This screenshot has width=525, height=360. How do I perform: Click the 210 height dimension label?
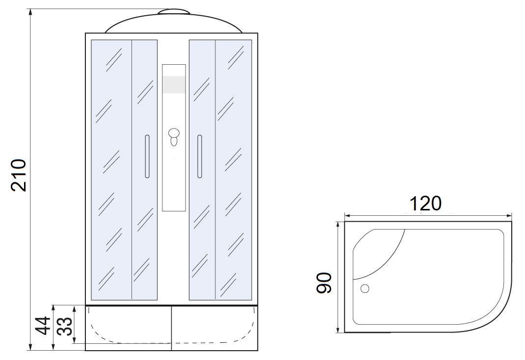[x=19, y=175]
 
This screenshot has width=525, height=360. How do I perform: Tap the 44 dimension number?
[x=43, y=326]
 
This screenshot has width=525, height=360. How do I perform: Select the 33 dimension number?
[x=65, y=326]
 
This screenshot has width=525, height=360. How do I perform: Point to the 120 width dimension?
[x=425, y=203]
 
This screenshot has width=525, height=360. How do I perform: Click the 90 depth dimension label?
[x=324, y=283]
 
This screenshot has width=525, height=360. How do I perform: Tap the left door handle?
[x=147, y=156]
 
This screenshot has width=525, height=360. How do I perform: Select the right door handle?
[x=200, y=156]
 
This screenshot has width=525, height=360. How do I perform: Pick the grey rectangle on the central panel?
[x=174, y=84]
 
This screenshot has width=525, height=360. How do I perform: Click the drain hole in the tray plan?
[x=365, y=288]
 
